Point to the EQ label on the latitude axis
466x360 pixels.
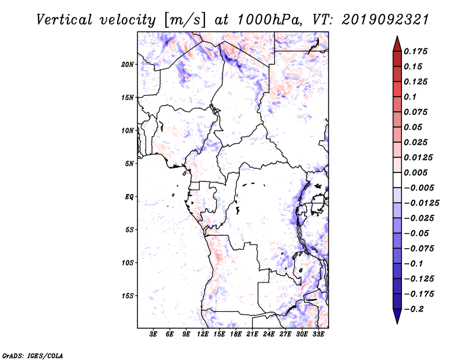pos(130,196)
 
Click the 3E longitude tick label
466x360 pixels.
pos(154,334)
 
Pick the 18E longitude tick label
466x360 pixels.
pos(236,334)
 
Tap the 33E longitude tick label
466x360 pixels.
pos(318,334)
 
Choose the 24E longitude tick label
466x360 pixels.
pos(269,334)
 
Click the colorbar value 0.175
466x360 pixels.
pos(417,51)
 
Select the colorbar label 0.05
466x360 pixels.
pos(415,127)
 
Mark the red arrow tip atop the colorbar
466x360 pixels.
pos(396,38)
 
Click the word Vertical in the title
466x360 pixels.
pos(63,19)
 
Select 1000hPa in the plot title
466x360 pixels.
pos(266,19)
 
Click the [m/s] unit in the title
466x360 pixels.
pos(186,20)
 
